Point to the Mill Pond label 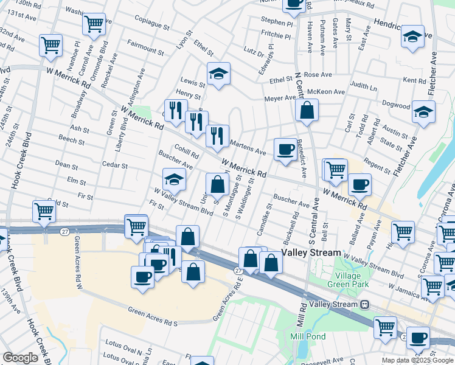coord(308,336)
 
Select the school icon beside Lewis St coord(218,74)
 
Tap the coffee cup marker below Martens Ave coord(285,149)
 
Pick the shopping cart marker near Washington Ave coord(94,24)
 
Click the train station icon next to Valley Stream coord(364,304)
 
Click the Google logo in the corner coord(20,358)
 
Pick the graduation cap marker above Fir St coord(173,179)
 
